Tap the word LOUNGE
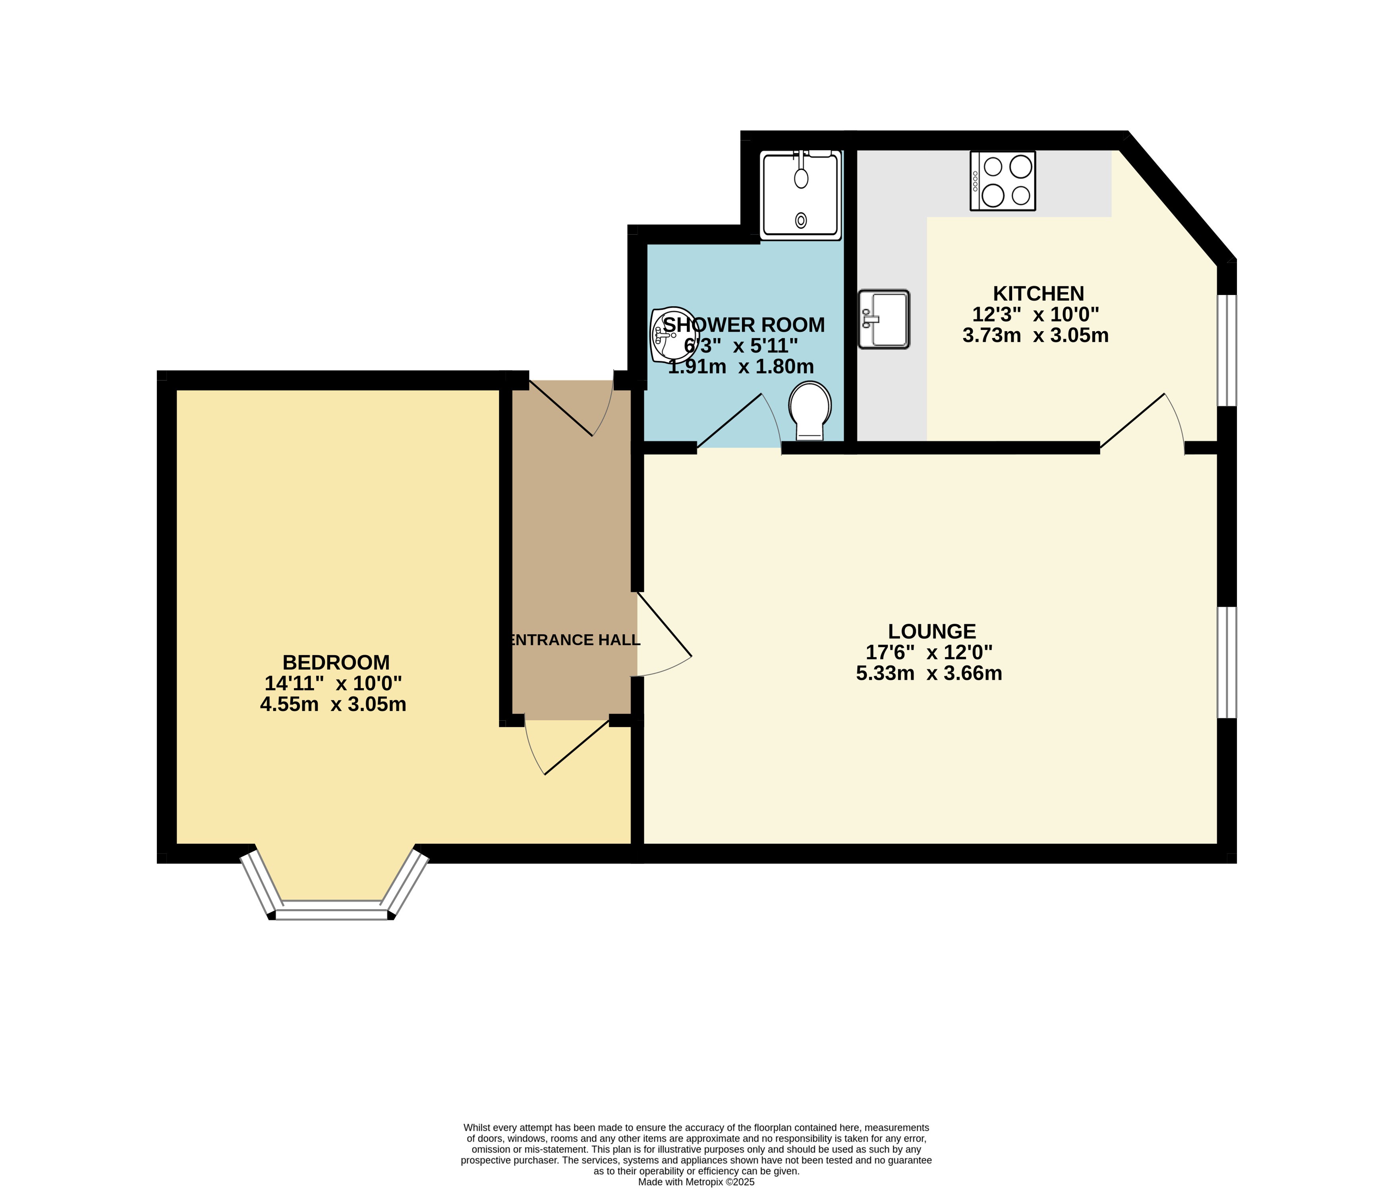[x=932, y=632]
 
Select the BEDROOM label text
[x=336, y=663]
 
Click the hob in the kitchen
[x=1003, y=181]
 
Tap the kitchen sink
[x=884, y=319]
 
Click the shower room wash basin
[x=674, y=334]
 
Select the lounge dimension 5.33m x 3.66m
[x=929, y=673]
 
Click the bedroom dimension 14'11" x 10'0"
[x=334, y=683]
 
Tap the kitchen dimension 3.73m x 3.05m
[x=1036, y=335]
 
